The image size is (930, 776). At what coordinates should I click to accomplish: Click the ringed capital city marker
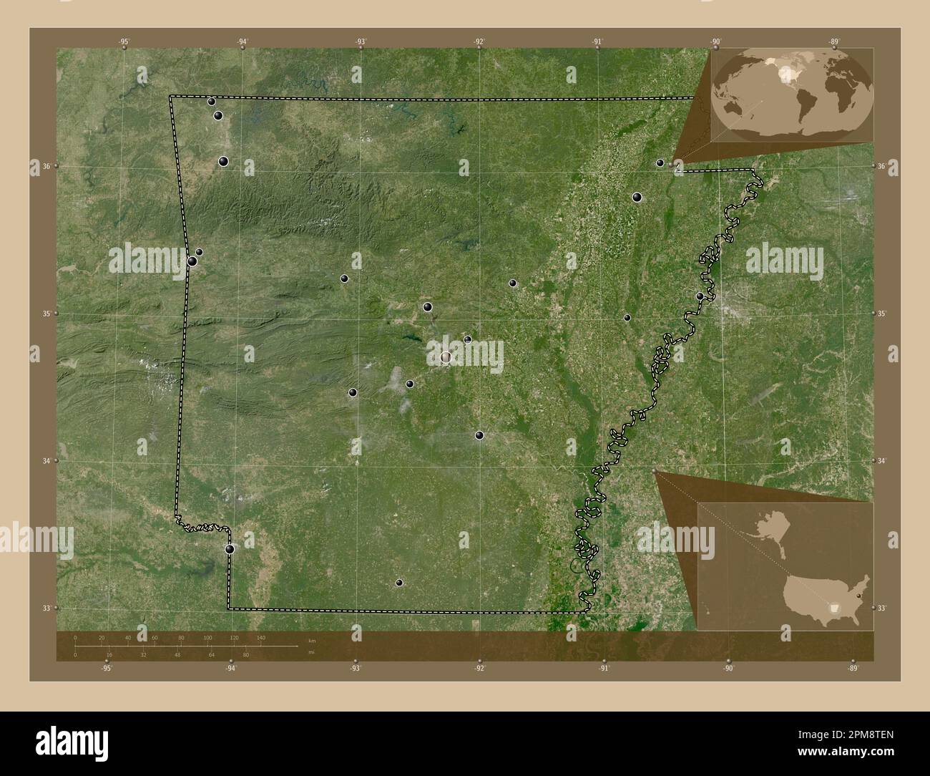pyautogui.click(x=446, y=357)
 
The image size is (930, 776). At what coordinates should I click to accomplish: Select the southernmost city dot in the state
pyautogui.click(x=399, y=583)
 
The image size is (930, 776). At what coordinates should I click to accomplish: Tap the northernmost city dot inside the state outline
pyautogui.click(x=212, y=102)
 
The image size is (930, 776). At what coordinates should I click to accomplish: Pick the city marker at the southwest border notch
pyautogui.click(x=230, y=549)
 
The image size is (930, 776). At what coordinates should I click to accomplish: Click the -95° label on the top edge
pyautogui.click(x=124, y=42)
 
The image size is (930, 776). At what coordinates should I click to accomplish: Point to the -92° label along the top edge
pyautogui.click(x=479, y=42)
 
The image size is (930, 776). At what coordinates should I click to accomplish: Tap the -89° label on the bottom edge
pyautogui.click(x=852, y=669)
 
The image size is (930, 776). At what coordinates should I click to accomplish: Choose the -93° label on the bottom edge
pyautogui.click(x=355, y=669)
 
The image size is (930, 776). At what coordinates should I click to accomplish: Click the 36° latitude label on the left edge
pyautogui.click(x=46, y=166)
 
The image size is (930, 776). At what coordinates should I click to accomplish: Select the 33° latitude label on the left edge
pyautogui.click(x=46, y=608)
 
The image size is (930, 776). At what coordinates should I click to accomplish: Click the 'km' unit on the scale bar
pyautogui.click(x=311, y=640)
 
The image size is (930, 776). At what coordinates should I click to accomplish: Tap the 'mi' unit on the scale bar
pyautogui.click(x=310, y=652)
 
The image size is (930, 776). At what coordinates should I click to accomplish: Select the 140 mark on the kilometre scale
pyautogui.click(x=260, y=637)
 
